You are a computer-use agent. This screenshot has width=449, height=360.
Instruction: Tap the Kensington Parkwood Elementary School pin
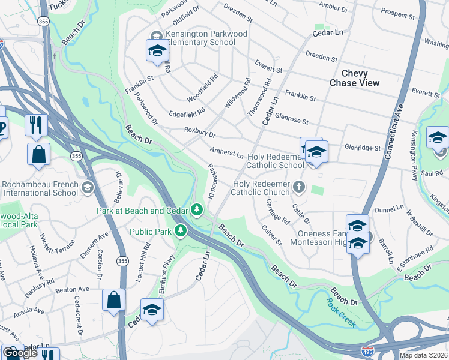(x=157, y=51)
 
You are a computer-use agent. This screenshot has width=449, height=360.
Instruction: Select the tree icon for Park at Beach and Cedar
(x=196, y=209)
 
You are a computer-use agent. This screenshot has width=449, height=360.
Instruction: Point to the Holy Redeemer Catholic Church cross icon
(x=299, y=188)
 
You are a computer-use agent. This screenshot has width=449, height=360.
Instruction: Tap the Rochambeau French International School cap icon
(x=88, y=188)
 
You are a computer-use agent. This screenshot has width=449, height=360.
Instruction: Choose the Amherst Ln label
(x=226, y=152)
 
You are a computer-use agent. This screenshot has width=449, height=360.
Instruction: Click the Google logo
(x=20, y=353)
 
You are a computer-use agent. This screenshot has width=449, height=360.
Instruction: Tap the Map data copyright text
(x=424, y=355)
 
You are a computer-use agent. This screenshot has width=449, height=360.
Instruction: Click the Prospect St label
(x=398, y=12)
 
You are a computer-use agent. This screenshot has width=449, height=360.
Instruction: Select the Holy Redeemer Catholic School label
(x=275, y=160)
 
